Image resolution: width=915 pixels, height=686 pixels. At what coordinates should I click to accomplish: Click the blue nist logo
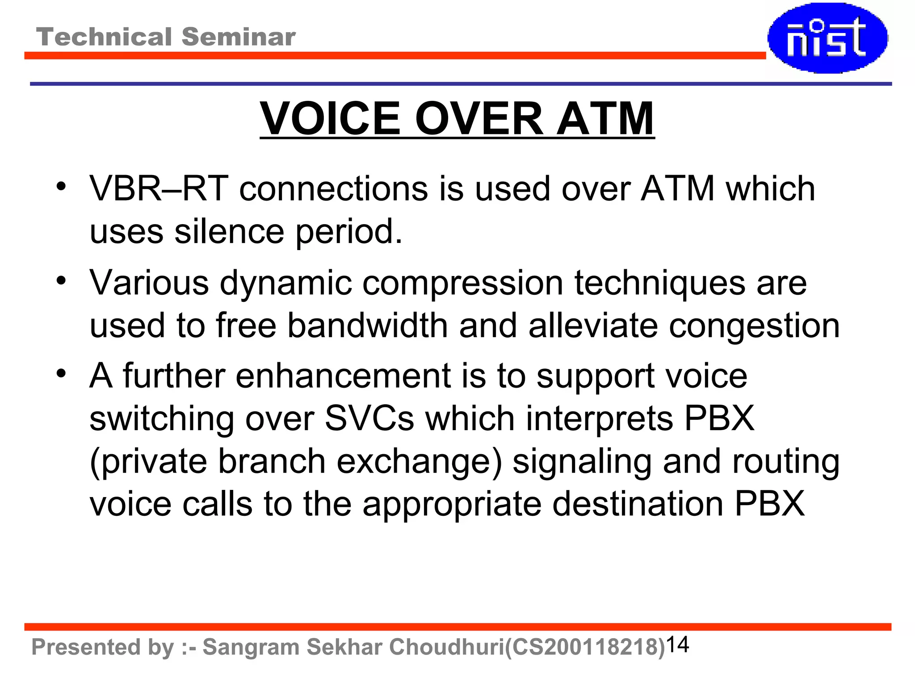click(x=827, y=38)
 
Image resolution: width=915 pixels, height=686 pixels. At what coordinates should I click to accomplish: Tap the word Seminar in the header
click(x=239, y=37)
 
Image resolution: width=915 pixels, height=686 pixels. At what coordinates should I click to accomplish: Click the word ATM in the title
click(x=605, y=119)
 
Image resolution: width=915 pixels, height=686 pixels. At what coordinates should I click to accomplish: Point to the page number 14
click(x=677, y=644)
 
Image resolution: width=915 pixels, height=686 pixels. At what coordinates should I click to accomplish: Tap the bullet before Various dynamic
click(x=61, y=280)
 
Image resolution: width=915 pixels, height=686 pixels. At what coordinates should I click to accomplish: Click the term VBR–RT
click(x=159, y=189)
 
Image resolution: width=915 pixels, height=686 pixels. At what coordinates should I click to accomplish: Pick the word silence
click(x=229, y=232)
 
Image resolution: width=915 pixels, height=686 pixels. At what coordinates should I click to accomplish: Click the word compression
click(x=462, y=283)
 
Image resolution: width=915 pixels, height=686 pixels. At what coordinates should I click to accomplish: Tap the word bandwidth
click(x=367, y=326)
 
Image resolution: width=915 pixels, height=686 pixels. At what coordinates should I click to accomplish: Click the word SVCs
click(x=369, y=418)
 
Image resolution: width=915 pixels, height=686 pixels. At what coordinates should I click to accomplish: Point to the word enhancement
click(x=343, y=376)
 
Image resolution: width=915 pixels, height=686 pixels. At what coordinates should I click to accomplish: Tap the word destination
click(x=638, y=504)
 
